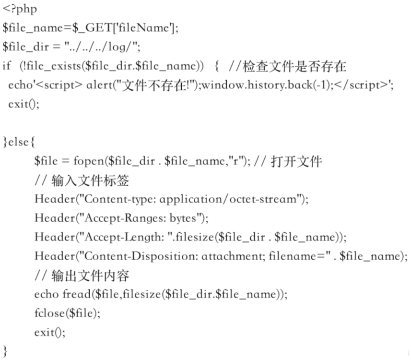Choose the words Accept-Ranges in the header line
pos(124,218)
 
